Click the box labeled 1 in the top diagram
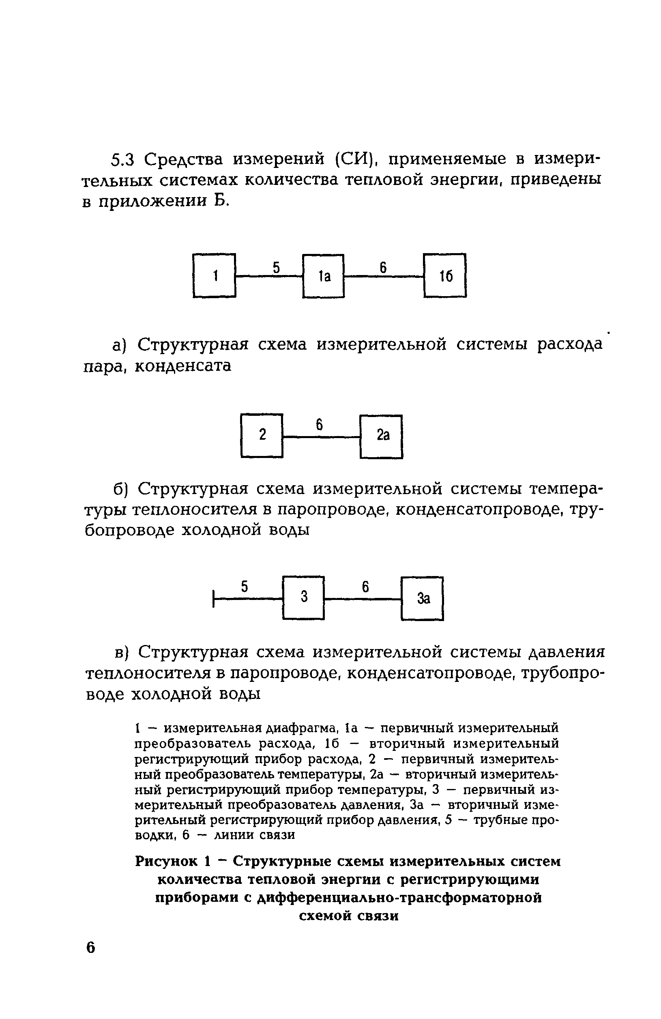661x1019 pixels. pyautogui.click(x=214, y=275)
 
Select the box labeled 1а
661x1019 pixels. pyautogui.click(x=323, y=276)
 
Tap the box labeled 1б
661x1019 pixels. pyautogui.click(x=445, y=275)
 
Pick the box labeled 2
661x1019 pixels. pyautogui.click(x=262, y=435)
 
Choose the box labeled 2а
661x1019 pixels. pyautogui.click(x=382, y=436)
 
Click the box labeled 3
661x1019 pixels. pyautogui.click(x=303, y=597)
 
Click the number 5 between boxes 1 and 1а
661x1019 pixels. pyautogui.click(x=276, y=268)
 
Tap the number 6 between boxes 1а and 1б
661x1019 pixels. pyautogui.click(x=383, y=268)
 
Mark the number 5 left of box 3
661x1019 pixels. pyautogui.click(x=245, y=587)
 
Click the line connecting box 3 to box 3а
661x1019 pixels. pyautogui.click(x=363, y=599)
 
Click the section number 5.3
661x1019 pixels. pyautogui.click(x=123, y=160)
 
